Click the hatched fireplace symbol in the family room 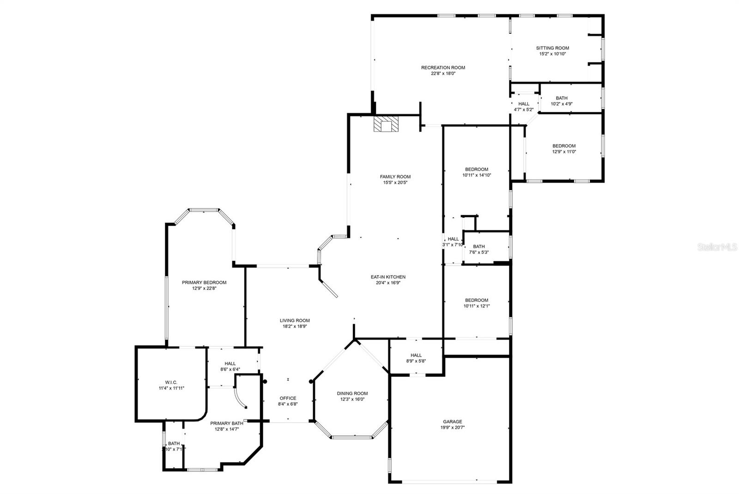pyautogui.click(x=386, y=124)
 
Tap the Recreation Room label pyautogui.click(x=443, y=68)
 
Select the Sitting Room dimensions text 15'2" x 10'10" pyautogui.click(x=552, y=54)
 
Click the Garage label pyautogui.click(x=452, y=422)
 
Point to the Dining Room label pyautogui.click(x=352, y=393)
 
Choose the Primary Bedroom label pyautogui.click(x=204, y=283)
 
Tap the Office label pyautogui.click(x=288, y=398)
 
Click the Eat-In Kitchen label pyautogui.click(x=388, y=277)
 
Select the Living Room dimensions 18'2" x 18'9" pyautogui.click(x=295, y=326)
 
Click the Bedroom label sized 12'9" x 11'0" pyautogui.click(x=564, y=146)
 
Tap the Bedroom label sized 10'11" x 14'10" pyautogui.click(x=476, y=169)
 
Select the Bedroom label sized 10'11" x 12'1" pyautogui.click(x=476, y=300)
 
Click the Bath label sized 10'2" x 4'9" pyautogui.click(x=561, y=98)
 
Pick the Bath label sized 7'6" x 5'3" pyautogui.click(x=479, y=247)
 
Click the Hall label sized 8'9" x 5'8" pyautogui.click(x=416, y=355)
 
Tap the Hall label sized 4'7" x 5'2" pyautogui.click(x=523, y=104)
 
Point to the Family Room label pyautogui.click(x=395, y=176)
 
